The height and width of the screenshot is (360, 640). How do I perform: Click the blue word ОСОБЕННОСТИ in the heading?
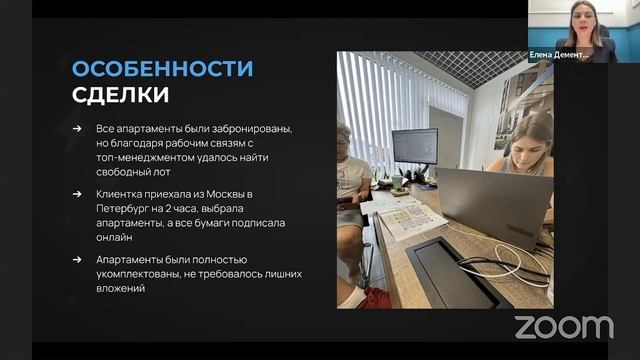tap(162, 69)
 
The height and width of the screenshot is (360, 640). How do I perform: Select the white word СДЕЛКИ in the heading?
tap(120, 95)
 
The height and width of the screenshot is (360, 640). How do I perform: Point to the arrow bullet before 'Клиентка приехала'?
tap(77, 190)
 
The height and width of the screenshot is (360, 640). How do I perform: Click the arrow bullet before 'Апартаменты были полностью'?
tap(77, 258)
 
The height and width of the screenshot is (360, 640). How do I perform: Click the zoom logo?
tap(564, 326)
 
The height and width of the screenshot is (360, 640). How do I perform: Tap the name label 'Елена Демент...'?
tap(561, 56)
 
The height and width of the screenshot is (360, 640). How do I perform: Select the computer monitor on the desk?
tap(414, 147)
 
